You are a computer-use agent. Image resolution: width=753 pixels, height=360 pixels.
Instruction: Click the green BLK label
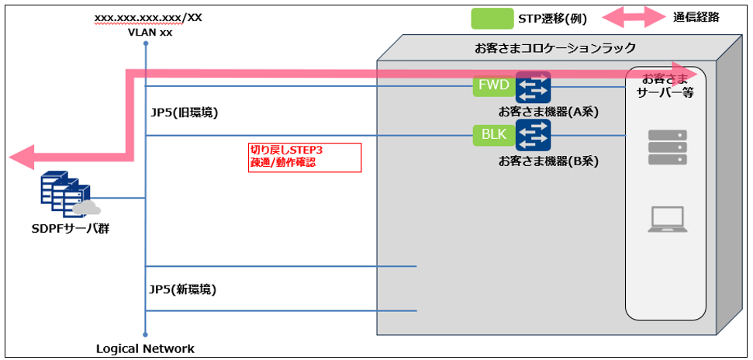[493, 135]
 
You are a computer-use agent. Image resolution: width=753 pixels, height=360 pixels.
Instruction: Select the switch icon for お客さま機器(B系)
[533, 137]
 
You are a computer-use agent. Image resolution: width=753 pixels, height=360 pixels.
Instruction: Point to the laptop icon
[666, 220]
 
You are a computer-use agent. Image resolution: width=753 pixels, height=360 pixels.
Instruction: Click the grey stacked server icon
[667, 147]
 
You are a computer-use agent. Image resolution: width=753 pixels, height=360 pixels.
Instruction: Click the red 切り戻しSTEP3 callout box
[303, 157]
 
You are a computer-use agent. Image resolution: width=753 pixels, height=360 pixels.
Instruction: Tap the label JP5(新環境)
[183, 289]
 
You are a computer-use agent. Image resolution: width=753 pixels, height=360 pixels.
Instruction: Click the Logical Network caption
[145, 348]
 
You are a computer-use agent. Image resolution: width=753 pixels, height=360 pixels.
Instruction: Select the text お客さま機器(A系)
[550, 112]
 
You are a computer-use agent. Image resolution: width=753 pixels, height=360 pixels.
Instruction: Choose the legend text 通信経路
[696, 17]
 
